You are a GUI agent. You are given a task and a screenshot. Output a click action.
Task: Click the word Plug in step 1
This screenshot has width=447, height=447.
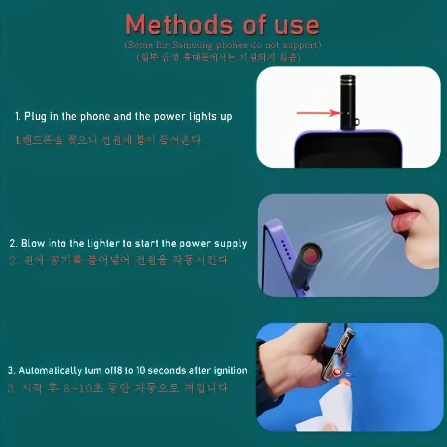pos(35,117)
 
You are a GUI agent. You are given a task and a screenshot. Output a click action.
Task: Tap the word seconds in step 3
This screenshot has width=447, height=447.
pos(182,370)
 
